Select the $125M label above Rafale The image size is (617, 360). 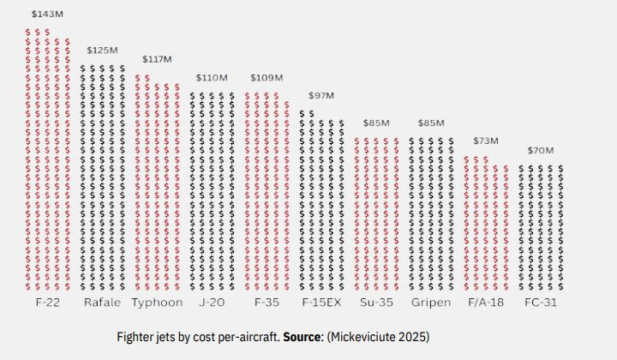tap(101, 51)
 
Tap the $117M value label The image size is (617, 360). tap(157, 59)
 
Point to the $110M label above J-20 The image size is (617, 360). tap(211, 77)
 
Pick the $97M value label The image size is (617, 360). tap(320, 95)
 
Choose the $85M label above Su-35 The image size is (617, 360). tap(375, 123)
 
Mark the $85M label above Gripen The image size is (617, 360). tap(431, 123)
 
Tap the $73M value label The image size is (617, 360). tap(486, 140)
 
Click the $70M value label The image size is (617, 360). tap(541, 150)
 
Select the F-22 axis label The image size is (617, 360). tap(47, 303)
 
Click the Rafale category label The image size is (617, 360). tap(102, 303)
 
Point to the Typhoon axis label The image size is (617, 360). tap(157, 303)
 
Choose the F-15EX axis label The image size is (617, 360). tap(322, 303)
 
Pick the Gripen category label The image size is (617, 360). tap(431, 303)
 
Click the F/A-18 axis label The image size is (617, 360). tap(487, 303)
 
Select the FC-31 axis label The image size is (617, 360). tap(542, 303)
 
